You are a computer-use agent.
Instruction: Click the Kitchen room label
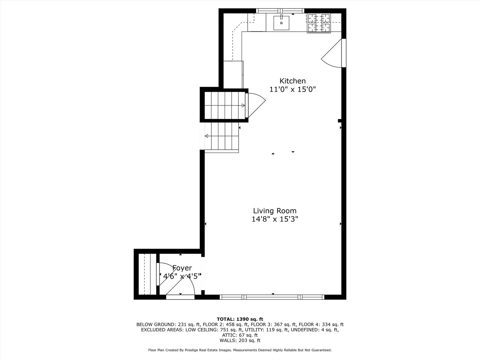click(x=292, y=81)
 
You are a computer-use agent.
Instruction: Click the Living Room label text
click(x=275, y=211)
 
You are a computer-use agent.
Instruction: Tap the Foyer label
click(x=182, y=268)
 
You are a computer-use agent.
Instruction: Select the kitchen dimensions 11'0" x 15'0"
click(x=292, y=89)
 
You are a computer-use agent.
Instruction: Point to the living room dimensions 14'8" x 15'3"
click(x=275, y=219)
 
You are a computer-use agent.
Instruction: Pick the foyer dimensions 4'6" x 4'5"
click(x=182, y=276)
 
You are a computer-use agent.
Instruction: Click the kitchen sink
click(x=282, y=22)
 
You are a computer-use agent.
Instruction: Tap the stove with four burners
click(x=318, y=23)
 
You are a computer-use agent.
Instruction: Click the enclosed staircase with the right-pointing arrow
click(x=224, y=105)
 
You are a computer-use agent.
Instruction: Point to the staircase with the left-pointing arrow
click(x=222, y=137)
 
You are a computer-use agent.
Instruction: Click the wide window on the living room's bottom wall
click(x=272, y=297)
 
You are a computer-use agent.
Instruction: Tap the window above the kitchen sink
click(x=280, y=11)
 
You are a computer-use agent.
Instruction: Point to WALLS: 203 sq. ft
click(x=240, y=340)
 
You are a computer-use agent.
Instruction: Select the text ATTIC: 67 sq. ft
click(x=240, y=335)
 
